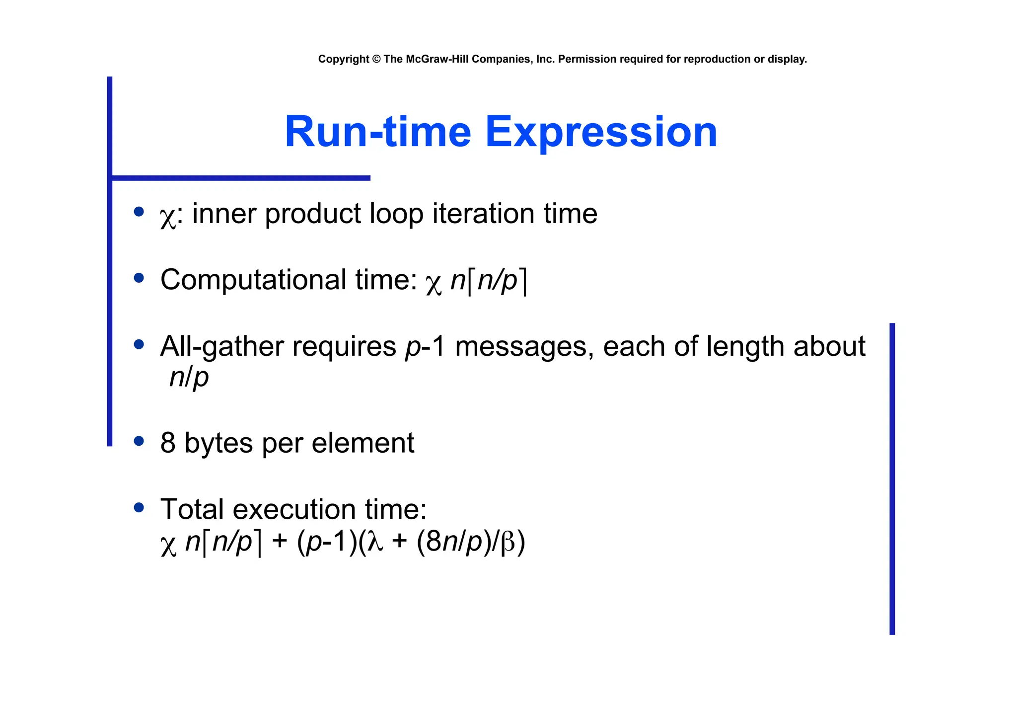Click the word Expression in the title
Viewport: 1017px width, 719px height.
601,132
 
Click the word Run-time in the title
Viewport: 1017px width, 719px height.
377,132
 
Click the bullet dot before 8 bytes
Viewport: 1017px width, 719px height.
139,441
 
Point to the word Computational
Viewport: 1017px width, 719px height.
253,280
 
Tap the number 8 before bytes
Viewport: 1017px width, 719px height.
168,443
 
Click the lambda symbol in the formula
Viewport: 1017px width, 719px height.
375,542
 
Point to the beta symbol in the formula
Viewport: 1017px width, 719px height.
508,543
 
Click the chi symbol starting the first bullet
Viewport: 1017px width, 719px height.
168,217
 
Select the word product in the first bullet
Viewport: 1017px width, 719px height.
313,215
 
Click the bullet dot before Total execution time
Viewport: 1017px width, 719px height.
139,507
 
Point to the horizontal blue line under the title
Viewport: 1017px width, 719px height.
241,178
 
